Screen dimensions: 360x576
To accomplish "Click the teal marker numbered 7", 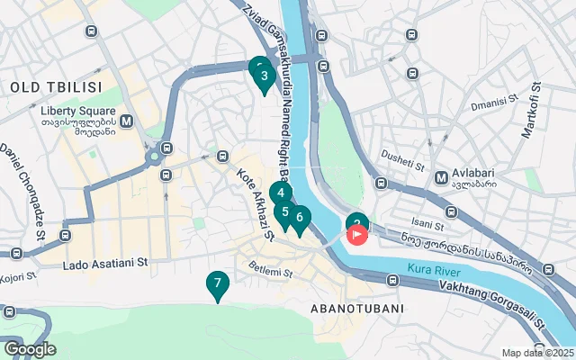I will click(x=216, y=284).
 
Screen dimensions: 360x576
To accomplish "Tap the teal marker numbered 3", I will click(x=263, y=76).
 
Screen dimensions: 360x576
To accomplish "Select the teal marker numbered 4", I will click(x=281, y=193).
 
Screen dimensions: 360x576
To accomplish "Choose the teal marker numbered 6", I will click(x=300, y=217).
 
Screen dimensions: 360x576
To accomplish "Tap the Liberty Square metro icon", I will click(x=127, y=121).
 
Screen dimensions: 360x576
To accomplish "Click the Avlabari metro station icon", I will click(x=442, y=176).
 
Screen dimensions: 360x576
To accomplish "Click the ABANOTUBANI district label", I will click(x=355, y=308).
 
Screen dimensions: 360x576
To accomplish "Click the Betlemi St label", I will click(x=270, y=271).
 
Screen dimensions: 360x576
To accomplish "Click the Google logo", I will click(x=30, y=349).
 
